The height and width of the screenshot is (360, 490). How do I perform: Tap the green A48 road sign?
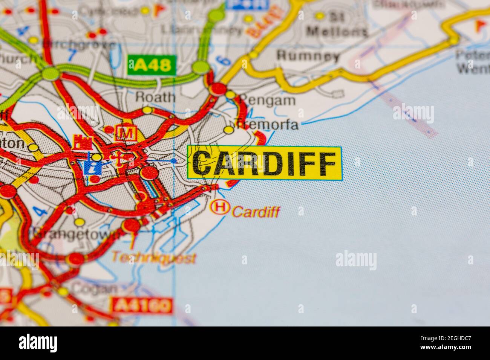152,65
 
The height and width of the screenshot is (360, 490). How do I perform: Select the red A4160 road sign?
142,305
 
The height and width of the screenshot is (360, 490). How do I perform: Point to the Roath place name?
155,97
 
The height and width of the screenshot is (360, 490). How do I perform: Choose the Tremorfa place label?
266,124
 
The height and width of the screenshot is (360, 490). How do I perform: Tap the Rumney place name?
308,56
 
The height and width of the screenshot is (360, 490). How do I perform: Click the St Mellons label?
337,24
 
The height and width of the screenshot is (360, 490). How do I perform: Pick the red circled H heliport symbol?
220,207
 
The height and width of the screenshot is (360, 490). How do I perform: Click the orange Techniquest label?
154,258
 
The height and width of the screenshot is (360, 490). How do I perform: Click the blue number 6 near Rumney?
225,60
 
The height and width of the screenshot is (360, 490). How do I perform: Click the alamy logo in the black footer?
38,343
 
